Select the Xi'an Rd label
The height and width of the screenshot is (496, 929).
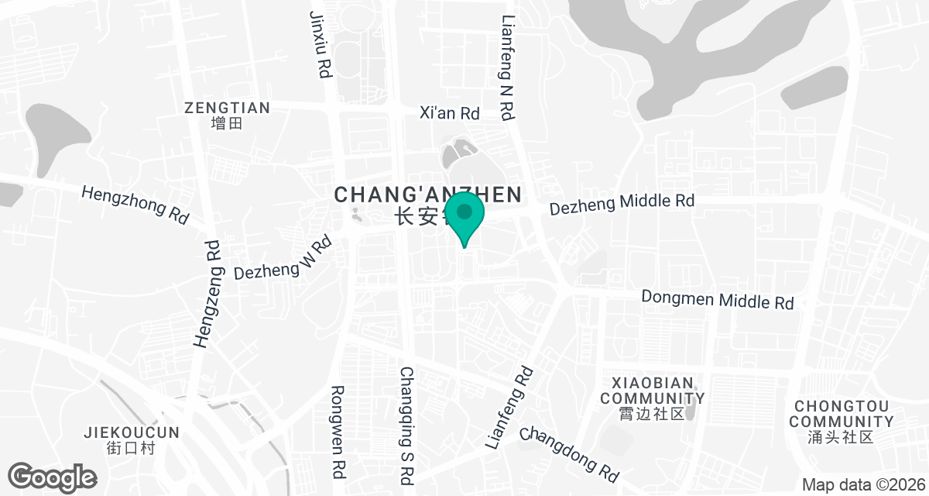point(450,112)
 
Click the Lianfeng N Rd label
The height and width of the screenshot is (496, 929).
point(507,68)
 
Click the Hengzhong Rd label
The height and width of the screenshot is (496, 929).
point(135,204)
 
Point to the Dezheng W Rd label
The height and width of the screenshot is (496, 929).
point(283,260)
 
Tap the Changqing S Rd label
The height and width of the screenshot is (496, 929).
point(408,422)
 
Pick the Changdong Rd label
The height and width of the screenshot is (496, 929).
point(570,453)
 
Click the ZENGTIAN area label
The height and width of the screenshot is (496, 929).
point(227,108)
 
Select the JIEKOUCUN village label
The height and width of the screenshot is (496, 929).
point(132,432)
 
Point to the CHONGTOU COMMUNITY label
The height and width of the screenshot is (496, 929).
point(841,414)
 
